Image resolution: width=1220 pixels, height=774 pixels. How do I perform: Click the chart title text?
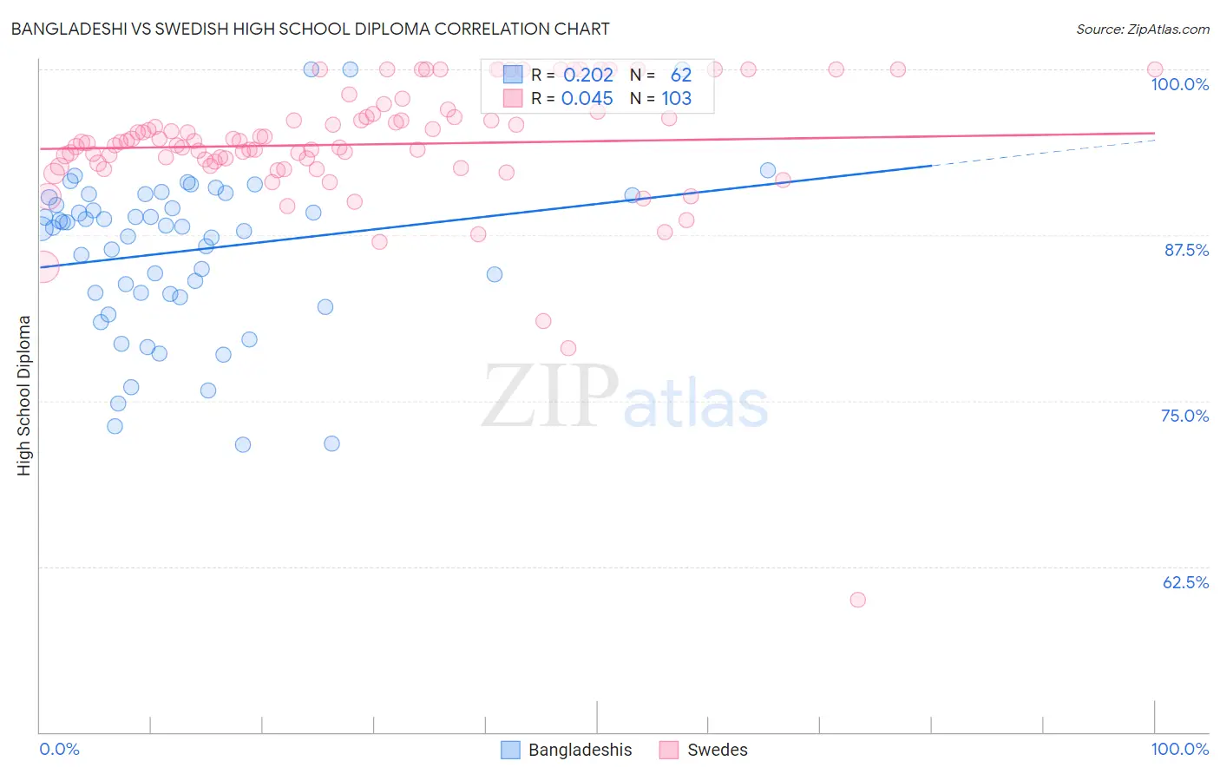click(x=310, y=29)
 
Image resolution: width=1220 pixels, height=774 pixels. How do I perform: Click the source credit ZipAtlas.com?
click(x=1142, y=29)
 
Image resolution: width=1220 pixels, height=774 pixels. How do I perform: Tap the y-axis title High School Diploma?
click(x=24, y=395)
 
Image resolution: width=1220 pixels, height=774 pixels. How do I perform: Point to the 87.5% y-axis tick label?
click(x=1185, y=250)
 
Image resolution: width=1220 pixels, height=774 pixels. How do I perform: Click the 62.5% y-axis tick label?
click(x=1185, y=582)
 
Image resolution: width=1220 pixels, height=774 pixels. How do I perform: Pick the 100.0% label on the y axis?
click(x=1179, y=84)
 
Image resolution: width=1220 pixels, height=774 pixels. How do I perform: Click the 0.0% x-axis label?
click(x=59, y=749)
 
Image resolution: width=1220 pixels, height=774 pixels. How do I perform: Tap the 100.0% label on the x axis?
click(x=1179, y=749)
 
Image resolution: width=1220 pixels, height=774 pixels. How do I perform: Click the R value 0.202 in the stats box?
click(x=587, y=75)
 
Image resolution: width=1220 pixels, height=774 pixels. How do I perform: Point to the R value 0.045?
click(x=587, y=99)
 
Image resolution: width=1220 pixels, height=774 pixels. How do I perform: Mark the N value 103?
click(x=677, y=99)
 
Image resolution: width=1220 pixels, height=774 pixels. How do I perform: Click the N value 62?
click(x=681, y=75)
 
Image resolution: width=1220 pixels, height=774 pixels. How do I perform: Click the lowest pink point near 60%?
click(x=858, y=600)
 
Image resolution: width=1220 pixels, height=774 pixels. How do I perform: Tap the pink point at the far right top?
click(x=1155, y=69)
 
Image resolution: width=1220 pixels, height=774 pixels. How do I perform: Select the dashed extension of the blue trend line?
click(x=1041, y=152)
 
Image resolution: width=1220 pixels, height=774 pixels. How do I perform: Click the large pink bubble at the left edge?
click(x=43, y=266)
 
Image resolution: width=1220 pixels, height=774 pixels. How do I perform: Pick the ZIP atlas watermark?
click(x=625, y=397)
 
